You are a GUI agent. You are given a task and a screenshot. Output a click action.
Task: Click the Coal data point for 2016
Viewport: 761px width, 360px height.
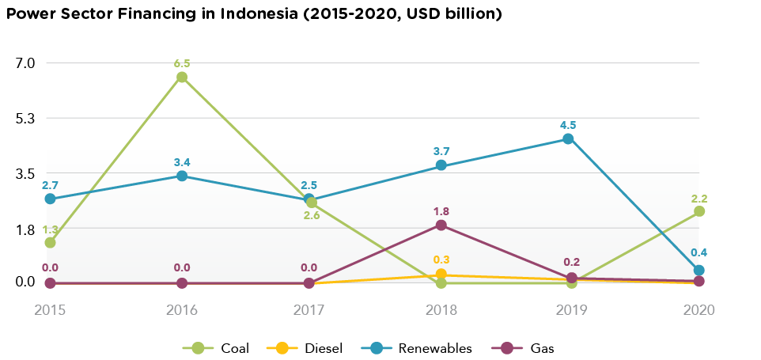pos(182,77)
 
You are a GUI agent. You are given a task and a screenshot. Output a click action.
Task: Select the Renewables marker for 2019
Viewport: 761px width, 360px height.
pos(568,139)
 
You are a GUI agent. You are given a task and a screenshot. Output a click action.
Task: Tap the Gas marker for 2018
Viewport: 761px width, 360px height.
pos(441,225)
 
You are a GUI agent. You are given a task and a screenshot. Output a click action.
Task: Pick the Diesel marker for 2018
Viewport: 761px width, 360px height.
pos(441,274)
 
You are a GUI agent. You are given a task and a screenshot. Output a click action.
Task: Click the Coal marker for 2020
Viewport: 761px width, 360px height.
pos(699,211)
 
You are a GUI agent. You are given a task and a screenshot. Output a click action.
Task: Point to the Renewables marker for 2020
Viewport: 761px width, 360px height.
pos(699,271)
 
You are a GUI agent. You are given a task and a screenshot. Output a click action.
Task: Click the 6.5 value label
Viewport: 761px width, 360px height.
pos(182,63)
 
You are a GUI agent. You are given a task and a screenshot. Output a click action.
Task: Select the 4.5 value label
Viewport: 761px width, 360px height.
pos(568,125)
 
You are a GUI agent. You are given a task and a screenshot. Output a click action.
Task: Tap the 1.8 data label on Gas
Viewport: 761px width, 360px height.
pos(441,211)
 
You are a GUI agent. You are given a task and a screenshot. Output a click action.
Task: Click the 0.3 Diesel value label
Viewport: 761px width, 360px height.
pos(441,260)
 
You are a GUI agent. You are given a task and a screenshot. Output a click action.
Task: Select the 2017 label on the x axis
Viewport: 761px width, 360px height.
pos(309,310)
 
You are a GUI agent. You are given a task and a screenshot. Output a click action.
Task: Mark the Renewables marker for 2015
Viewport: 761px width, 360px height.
pos(51,199)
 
